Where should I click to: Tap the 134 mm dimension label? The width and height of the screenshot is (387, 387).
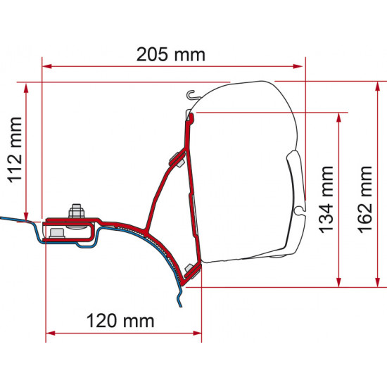326,200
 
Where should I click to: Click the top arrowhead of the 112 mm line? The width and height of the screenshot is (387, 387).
27,87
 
